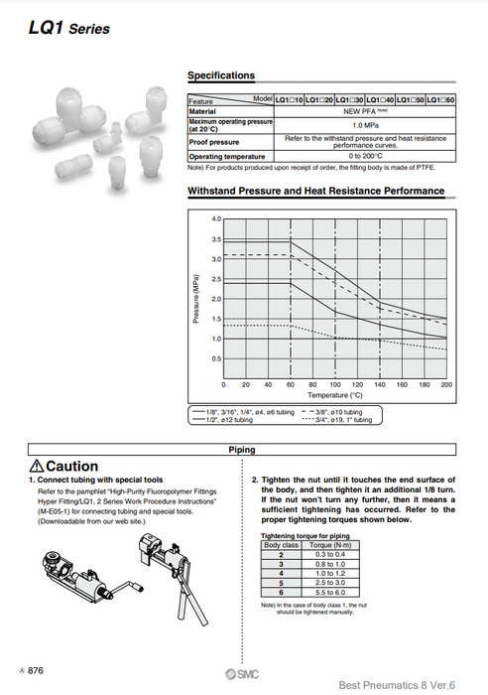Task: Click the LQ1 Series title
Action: click(x=69, y=28)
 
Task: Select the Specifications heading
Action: click(x=221, y=75)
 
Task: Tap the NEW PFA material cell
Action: click(x=364, y=112)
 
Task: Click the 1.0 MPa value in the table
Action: click(x=364, y=125)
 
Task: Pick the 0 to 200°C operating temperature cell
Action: click(x=364, y=156)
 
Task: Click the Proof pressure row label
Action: click(x=213, y=141)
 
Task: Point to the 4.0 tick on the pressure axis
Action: click(x=216, y=218)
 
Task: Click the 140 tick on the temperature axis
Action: click(x=379, y=383)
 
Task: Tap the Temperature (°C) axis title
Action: click(x=334, y=394)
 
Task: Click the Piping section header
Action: click(x=242, y=450)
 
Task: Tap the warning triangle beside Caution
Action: click(x=37, y=467)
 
